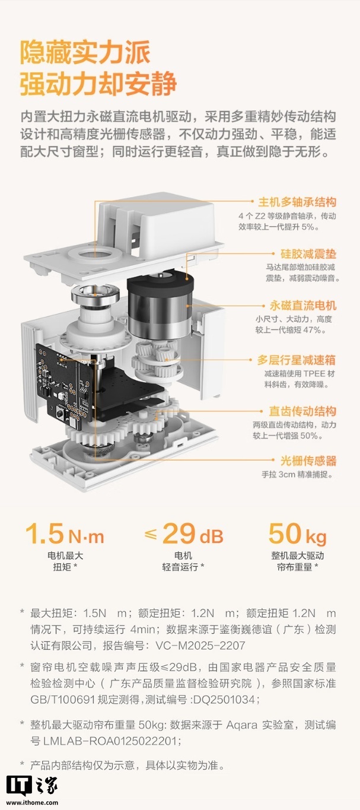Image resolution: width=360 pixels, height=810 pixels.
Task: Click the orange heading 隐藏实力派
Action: pos(85,53)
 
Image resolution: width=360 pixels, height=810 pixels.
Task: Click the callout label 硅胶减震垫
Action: pos(308,253)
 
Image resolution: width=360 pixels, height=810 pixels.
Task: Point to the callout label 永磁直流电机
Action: pos(302,306)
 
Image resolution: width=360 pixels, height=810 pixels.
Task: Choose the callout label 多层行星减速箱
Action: pos(297,360)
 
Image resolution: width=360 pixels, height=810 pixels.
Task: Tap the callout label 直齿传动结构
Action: pos(302,411)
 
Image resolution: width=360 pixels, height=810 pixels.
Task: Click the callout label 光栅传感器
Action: pos(308,461)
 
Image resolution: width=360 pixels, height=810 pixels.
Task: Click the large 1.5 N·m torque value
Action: pos(65,535)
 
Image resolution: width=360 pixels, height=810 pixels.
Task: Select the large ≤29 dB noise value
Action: pos(184,535)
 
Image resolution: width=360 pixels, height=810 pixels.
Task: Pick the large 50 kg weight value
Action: pos(297,535)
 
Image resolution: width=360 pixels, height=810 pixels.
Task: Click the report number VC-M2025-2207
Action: pos(195,645)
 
